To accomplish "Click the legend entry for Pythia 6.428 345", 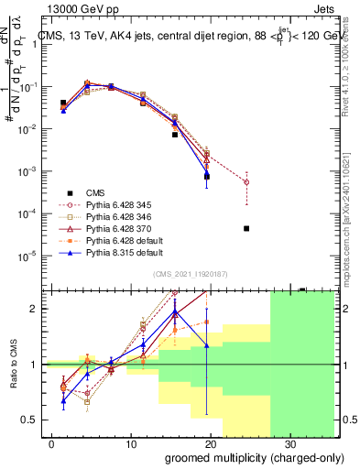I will (x=115, y=206).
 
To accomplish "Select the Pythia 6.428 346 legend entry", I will (x=115, y=221).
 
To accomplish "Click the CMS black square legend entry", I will (x=96, y=191).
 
